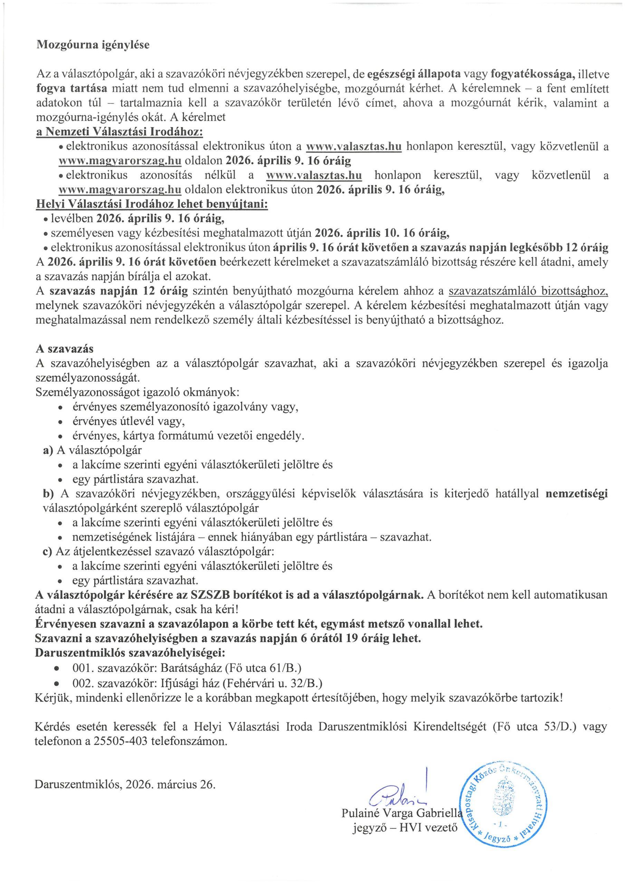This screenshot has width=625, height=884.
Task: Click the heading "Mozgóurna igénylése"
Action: [93, 45]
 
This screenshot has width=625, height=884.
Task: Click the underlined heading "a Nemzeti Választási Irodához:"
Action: [119, 132]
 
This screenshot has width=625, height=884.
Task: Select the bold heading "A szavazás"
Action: [64, 349]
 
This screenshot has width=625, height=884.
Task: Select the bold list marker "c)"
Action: [48, 551]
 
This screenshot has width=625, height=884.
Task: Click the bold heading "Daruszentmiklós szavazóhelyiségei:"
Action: [130, 653]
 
